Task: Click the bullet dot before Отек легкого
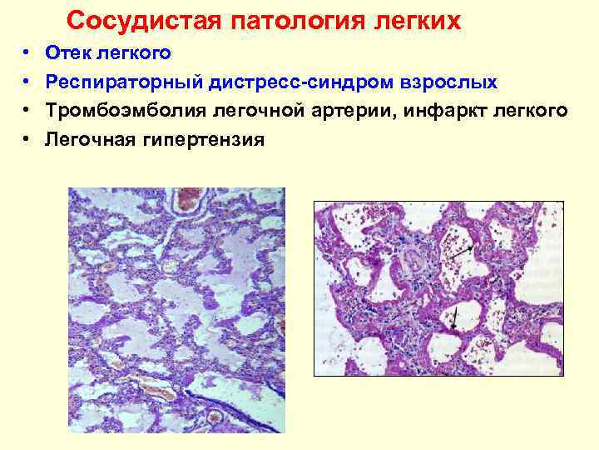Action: [x=27, y=54]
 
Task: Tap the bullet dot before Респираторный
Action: [x=27, y=82]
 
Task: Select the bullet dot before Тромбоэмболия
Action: [x=27, y=111]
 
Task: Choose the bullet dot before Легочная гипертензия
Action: [x=27, y=139]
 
